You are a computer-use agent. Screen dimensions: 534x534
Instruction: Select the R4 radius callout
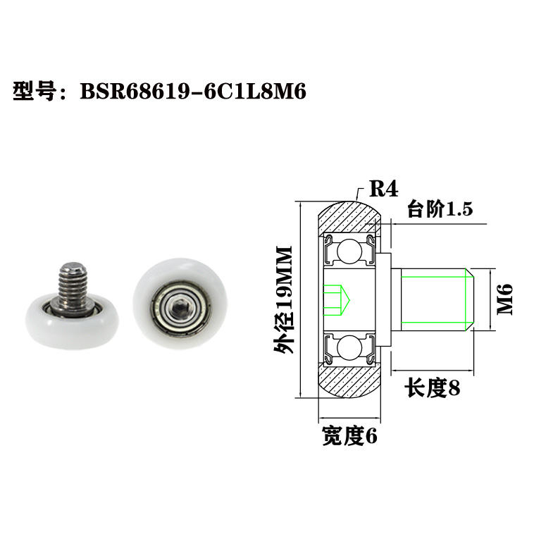tap(384, 189)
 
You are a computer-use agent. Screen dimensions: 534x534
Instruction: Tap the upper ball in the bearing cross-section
tap(349, 251)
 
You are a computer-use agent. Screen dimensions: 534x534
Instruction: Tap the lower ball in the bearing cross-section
tap(349, 348)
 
